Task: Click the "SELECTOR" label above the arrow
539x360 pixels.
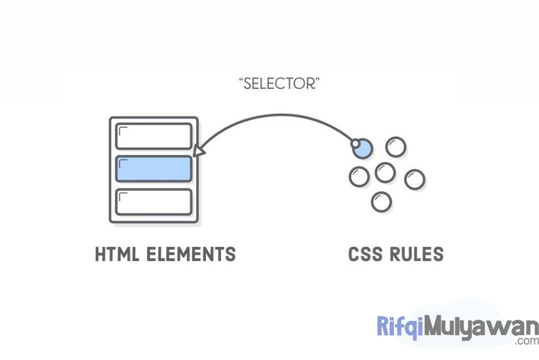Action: click(x=279, y=83)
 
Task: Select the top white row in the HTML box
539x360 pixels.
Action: click(x=153, y=136)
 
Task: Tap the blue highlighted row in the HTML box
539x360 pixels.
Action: click(x=153, y=169)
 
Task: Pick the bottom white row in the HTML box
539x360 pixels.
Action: click(x=153, y=202)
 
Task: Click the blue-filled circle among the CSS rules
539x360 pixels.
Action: click(x=363, y=148)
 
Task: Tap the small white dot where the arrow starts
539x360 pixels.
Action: click(x=355, y=143)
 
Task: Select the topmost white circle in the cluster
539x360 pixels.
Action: click(x=395, y=147)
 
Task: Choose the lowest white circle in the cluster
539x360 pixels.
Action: click(x=381, y=202)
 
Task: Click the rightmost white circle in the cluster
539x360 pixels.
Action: click(x=414, y=179)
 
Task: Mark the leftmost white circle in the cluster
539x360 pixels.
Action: click(x=358, y=176)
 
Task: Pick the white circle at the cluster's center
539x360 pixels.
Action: click(x=385, y=172)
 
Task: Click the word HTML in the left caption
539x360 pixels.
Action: click(x=118, y=254)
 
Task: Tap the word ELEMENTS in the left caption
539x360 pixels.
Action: click(x=191, y=254)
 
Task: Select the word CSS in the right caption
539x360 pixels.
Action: click(x=365, y=254)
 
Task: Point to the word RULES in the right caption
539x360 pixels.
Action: click(x=416, y=254)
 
